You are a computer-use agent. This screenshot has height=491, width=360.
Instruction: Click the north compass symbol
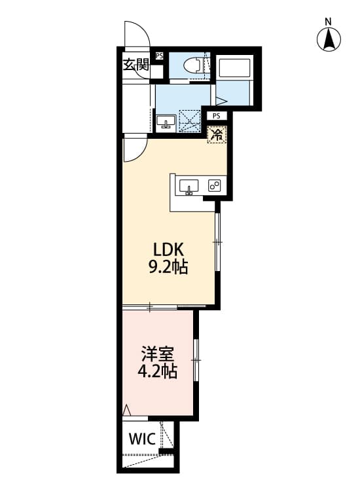(330, 38)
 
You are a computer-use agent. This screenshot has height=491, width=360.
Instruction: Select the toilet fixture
(194, 65)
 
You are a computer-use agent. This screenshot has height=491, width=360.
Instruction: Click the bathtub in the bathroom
(234, 68)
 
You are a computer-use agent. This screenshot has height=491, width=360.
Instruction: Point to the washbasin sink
(165, 122)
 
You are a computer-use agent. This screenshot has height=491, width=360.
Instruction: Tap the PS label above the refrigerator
(217, 116)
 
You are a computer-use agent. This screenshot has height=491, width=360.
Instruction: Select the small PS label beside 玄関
(159, 56)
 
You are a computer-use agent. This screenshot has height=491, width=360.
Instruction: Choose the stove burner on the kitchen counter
(214, 186)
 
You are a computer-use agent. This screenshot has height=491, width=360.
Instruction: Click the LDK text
(171, 249)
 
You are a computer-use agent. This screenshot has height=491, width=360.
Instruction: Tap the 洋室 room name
(157, 356)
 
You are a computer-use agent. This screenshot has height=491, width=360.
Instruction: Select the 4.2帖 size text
(157, 373)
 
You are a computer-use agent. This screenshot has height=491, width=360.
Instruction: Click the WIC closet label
(141, 439)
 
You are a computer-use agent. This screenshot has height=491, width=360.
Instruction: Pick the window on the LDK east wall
(219, 243)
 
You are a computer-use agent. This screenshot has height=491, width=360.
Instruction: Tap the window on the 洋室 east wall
(196, 359)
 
